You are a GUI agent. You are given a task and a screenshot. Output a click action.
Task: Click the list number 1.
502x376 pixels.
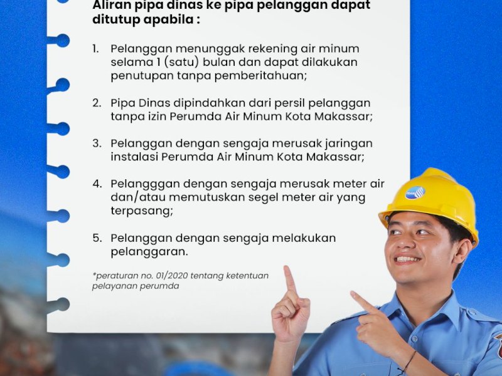[x=95, y=48]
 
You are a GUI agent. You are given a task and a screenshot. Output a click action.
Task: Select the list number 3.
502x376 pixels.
[x=97, y=143]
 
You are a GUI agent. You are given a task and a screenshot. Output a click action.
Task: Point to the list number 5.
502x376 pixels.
[x=97, y=238]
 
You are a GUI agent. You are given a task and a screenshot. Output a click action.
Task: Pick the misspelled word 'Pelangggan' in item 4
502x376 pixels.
[x=146, y=184]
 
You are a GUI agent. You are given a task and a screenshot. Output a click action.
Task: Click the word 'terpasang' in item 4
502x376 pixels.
[x=139, y=211]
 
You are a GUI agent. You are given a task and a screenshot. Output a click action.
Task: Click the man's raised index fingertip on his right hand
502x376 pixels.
[x=287, y=270]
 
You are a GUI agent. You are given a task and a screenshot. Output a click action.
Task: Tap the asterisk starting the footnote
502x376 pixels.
[x=94, y=274]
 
